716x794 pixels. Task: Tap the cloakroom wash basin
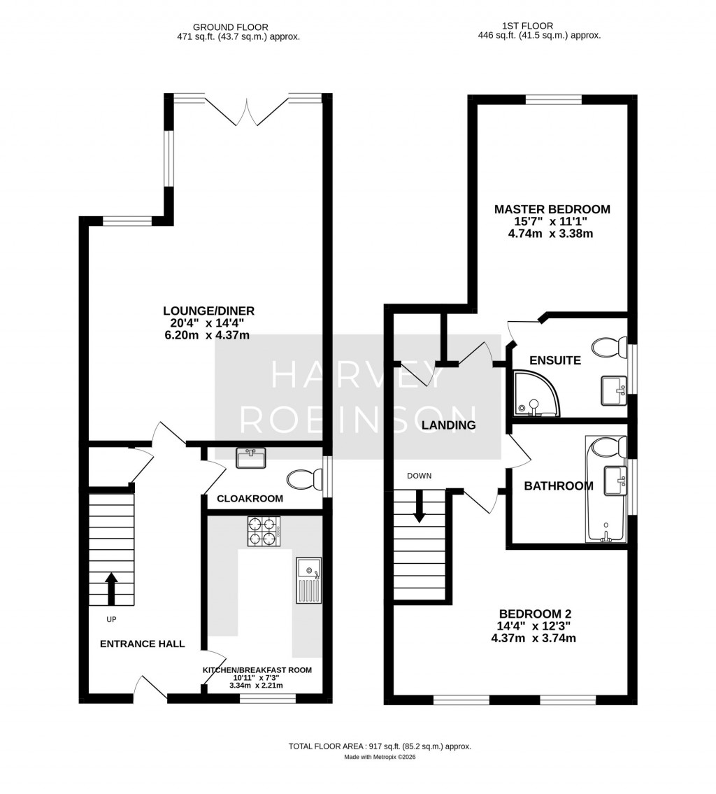pos(251,458)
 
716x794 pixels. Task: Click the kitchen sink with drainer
pos(308,580)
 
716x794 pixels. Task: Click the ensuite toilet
pos(609,346)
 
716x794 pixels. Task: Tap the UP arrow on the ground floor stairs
pos(110,588)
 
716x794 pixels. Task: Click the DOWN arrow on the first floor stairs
pos(420,506)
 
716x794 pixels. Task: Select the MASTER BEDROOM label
pos(552,209)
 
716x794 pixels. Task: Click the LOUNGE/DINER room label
pos(208,311)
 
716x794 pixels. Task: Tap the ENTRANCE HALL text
pos(142,644)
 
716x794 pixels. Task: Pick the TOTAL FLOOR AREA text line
pos(380,746)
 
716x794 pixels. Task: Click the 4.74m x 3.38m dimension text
pos(550,234)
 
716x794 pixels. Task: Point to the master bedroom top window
pos(553,99)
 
